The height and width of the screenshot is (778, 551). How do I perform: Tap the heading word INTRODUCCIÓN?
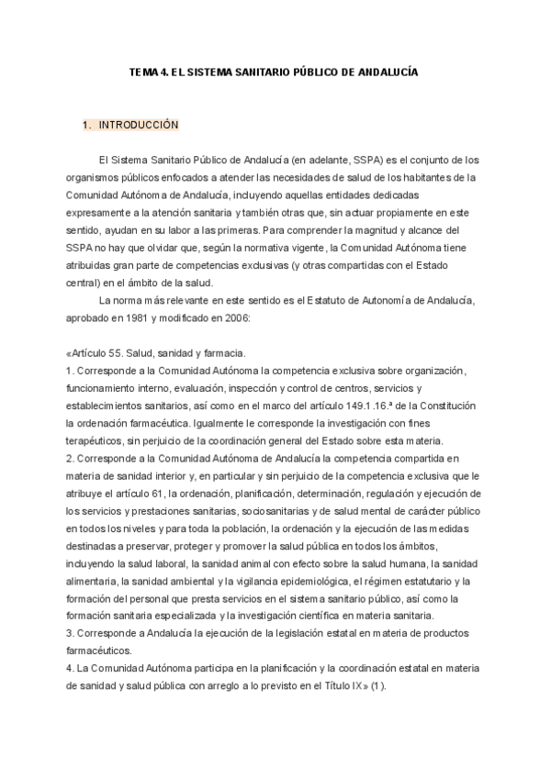click(x=139, y=124)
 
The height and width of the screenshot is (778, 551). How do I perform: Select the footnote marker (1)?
click(x=378, y=686)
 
